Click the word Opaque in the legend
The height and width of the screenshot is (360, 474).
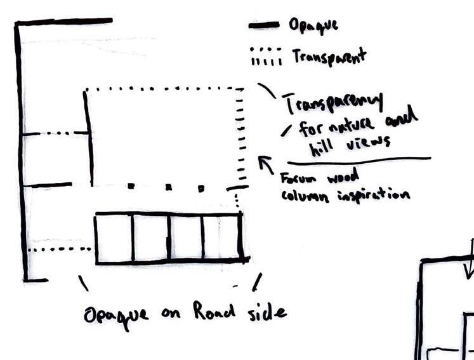click(313, 25)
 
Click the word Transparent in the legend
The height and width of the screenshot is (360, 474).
click(329, 57)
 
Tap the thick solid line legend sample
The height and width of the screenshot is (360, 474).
click(263, 25)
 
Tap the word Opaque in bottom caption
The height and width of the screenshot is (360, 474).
click(116, 316)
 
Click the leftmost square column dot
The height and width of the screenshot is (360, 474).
click(131, 186)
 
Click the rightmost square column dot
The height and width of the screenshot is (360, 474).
click(201, 188)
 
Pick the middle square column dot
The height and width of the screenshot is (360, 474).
click(169, 187)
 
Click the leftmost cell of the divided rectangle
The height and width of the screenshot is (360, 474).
click(114, 238)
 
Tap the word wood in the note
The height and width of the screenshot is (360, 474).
click(343, 176)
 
